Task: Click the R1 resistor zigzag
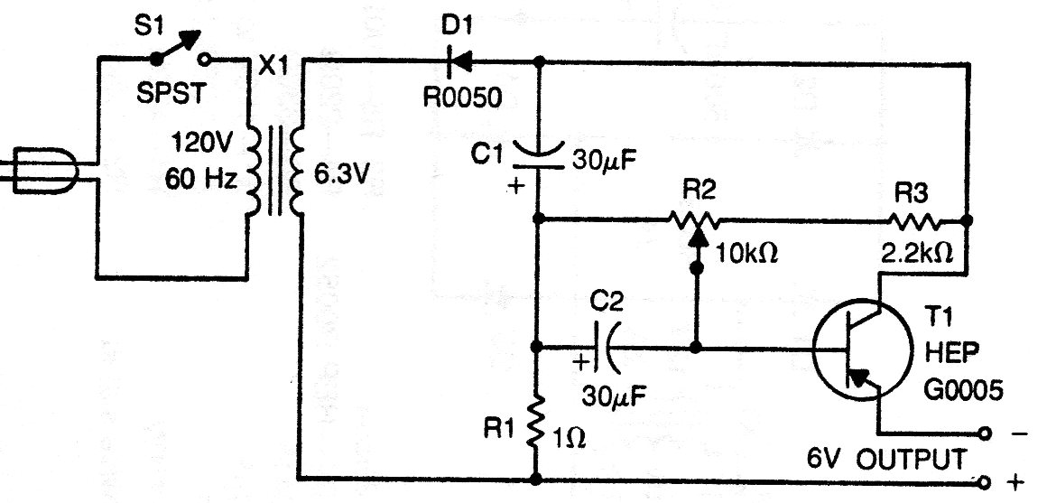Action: point(537,420)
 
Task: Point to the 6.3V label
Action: point(341,176)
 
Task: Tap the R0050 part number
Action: point(461,98)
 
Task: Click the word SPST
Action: point(170,93)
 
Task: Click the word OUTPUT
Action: point(911,459)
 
